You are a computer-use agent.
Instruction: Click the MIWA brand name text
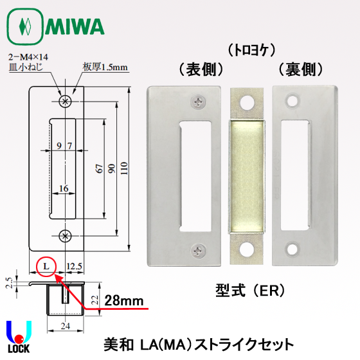coord(75,28)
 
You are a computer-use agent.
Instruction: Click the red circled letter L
coord(46,265)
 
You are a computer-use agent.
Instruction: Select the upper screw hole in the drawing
coord(64,101)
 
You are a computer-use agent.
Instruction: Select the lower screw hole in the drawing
coord(64,236)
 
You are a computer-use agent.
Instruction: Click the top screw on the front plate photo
coord(199,100)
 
